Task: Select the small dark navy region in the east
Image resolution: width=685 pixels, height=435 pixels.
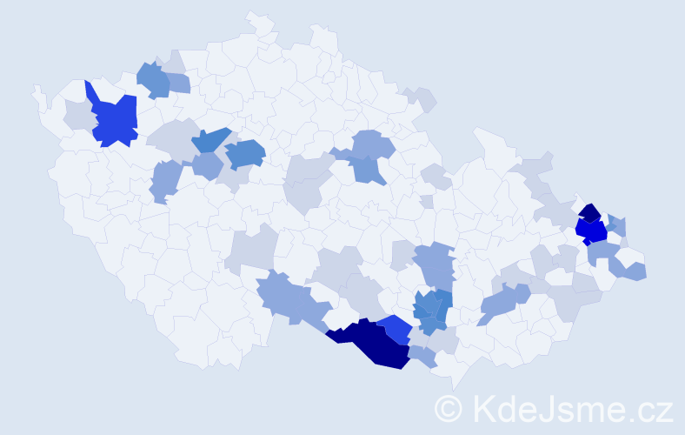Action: point(589,213)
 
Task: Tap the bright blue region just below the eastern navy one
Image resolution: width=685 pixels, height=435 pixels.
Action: point(593,231)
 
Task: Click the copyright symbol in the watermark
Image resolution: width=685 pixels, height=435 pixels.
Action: point(449,408)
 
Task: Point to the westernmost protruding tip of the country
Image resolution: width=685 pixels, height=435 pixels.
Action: point(36,88)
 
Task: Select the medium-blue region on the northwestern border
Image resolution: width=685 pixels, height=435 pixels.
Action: point(153,79)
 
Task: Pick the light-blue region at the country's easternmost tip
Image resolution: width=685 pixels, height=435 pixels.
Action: point(635,271)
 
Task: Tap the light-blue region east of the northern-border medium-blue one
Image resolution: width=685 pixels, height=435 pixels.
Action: point(177,83)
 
